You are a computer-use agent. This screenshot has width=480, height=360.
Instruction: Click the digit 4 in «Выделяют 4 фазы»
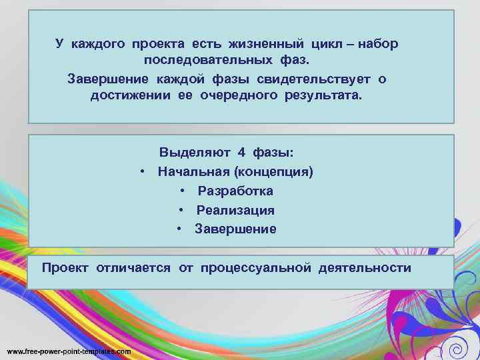pyautogui.click(x=242, y=152)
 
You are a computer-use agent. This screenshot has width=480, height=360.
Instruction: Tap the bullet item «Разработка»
pyautogui.click(x=235, y=191)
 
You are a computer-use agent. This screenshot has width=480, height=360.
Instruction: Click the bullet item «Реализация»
pyautogui.click(x=235, y=210)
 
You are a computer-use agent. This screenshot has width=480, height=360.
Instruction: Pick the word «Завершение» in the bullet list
pyautogui.click(x=235, y=229)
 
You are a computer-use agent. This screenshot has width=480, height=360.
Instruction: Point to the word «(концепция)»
pyautogui.click(x=279, y=171)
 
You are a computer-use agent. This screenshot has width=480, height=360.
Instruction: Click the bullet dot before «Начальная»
pyautogui.click(x=143, y=171)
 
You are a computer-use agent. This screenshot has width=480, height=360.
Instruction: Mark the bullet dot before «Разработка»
pyautogui.click(x=182, y=191)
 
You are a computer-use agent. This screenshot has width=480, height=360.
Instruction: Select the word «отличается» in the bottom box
pyautogui.click(x=133, y=268)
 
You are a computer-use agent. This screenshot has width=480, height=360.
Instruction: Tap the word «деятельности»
pyautogui.click(x=365, y=268)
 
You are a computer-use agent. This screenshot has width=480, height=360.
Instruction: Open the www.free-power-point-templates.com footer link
pyautogui.click(x=69, y=351)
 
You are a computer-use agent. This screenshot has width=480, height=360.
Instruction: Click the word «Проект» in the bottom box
pyautogui.click(x=65, y=268)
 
